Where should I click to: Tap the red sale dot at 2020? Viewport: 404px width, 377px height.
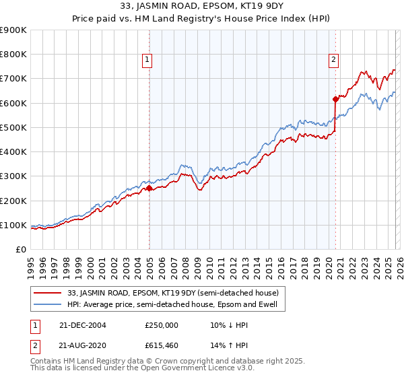(x=335, y=99)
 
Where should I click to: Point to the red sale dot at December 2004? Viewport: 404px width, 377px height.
(x=149, y=188)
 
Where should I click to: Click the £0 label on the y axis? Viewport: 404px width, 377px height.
(x=20, y=250)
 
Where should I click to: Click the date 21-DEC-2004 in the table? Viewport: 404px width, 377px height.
(x=81, y=325)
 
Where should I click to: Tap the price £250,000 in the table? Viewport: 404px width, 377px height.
(x=162, y=325)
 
